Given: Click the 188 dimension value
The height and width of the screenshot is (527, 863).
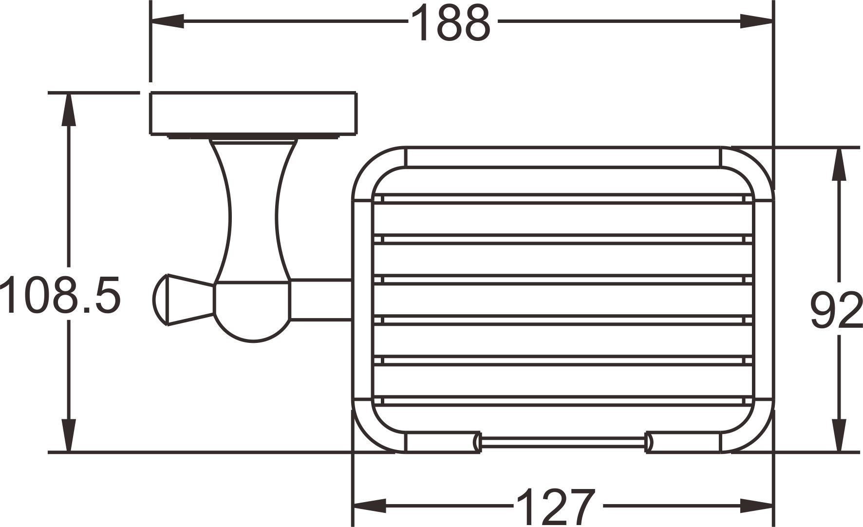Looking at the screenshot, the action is [x=450, y=23].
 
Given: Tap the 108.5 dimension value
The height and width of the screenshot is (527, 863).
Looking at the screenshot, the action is [x=60, y=295].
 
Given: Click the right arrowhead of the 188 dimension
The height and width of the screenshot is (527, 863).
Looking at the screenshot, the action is [x=756, y=21].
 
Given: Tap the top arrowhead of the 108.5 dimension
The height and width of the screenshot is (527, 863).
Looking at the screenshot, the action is [x=69, y=109].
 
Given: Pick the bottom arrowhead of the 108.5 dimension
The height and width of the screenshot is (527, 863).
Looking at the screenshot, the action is [x=69, y=435].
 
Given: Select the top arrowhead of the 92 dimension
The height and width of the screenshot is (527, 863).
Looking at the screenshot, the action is [x=839, y=164].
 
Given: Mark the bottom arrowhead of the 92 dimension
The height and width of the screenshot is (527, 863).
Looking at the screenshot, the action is [x=839, y=435].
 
